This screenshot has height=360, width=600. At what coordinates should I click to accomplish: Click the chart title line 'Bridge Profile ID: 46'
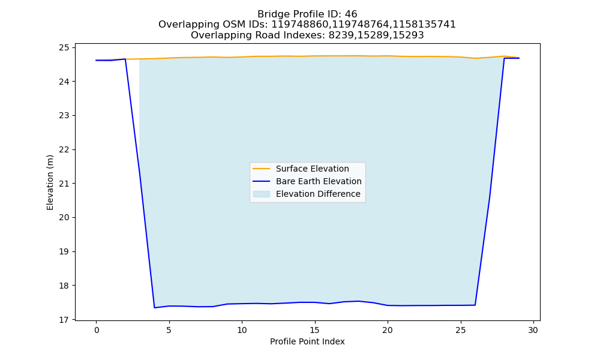(307, 14)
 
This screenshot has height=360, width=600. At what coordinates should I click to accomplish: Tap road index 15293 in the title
(409, 35)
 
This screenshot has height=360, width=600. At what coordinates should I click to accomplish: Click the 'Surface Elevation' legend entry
(312, 169)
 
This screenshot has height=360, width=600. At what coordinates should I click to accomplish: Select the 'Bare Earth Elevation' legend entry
(319, 181)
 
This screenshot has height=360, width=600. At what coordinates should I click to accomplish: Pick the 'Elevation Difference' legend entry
(318, 194)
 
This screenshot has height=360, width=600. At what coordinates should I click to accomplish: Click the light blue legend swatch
(262, 194)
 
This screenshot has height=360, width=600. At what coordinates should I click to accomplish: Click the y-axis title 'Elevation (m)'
(50, 182)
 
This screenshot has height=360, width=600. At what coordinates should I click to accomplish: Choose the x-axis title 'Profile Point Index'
(307, 341)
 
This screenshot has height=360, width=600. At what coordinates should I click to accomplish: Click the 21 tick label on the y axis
(64, 184)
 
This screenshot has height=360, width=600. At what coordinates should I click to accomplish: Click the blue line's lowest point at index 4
(154, 308)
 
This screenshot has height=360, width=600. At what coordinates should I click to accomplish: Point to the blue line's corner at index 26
(475, 305)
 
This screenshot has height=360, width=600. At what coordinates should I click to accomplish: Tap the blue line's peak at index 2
(125, 59)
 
